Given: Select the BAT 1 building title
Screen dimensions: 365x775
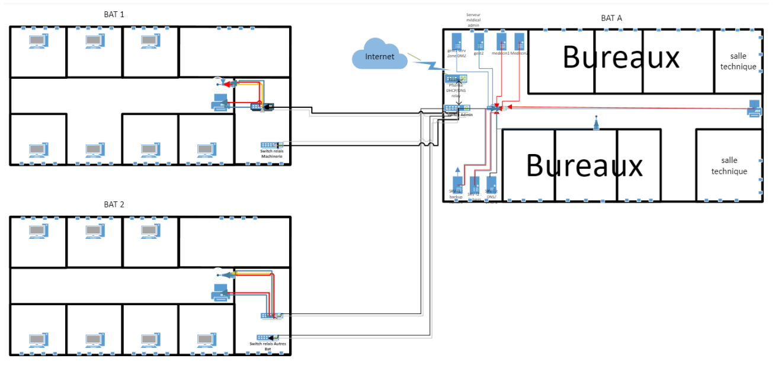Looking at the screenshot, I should click(114, 14).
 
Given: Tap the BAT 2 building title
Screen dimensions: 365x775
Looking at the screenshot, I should click(114, 204).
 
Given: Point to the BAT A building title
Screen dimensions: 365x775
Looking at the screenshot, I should click(611, 18).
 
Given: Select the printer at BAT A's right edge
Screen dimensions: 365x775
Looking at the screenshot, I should click(754, 108).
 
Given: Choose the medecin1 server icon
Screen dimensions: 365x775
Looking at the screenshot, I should click(501, 41).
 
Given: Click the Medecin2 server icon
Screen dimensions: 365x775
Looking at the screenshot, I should click(520, 41).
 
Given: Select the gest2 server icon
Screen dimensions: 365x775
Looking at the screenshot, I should click(479, 41).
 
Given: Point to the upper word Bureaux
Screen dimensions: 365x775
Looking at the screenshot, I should click(620, 57).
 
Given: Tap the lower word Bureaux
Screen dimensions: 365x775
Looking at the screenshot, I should click(584, 165).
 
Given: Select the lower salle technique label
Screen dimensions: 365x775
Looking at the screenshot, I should click(729, 166).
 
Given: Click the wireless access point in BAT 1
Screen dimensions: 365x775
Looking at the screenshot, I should click(219, 82).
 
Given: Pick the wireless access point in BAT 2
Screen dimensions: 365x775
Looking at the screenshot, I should click(219, 273).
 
